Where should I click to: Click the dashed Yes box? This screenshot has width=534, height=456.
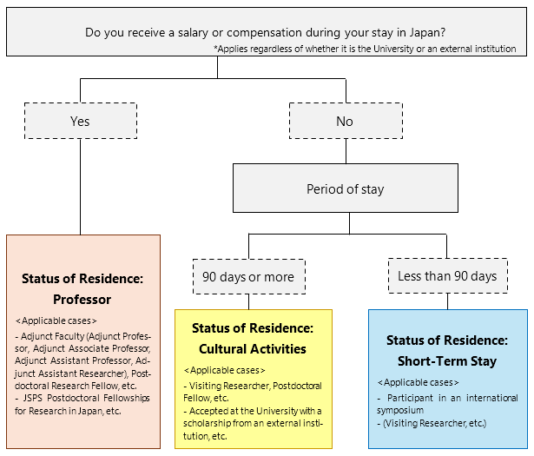point(80,122)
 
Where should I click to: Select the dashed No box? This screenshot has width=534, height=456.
point(345,122)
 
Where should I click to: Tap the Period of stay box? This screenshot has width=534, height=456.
point(345,188)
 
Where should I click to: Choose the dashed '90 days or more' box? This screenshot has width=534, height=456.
point(248,276)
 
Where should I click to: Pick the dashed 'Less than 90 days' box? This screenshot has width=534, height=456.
point(447,276)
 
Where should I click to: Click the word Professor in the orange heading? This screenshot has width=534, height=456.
point(82,299)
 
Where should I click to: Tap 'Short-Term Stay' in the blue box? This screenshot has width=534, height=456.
point(447,361)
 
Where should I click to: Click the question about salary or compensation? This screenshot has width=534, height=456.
point(265,32)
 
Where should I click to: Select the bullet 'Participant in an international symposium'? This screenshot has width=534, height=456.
point(446,403)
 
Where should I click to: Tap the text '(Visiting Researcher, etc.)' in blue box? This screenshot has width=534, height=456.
point(432,423)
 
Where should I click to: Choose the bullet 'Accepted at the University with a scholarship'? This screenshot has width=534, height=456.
point(252,423)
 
